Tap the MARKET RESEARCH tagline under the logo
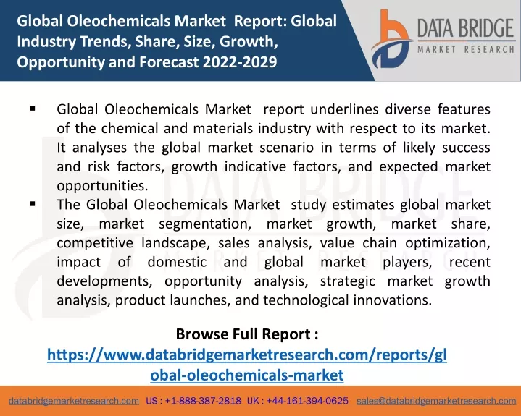(x=466, y=49)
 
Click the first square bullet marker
(x=33, y=108)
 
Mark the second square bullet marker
(x=33, y=204)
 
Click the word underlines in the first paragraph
(x=344, y=109)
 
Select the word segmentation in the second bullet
(x=205, y=224)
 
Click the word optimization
(x=448, y=243)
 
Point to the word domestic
(x=177, y=262)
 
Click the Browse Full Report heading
(x=247, y=334)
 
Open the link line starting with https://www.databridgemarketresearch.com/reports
(x=247, y=355)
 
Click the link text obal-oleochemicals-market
(x=247, y=375)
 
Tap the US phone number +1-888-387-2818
(x=203, y=401)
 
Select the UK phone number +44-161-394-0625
(x=307, y=401)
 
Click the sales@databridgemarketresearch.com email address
(x=436, y=401)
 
